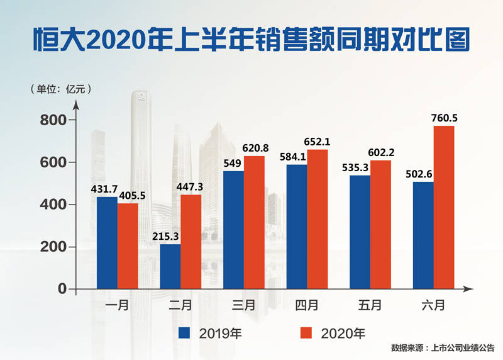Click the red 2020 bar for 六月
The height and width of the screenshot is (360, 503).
coord(443,207)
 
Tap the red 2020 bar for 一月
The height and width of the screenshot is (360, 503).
coord(128,245)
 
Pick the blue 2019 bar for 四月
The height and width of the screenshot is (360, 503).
coord(297,227)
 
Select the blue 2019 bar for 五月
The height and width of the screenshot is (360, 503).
coord(360,232)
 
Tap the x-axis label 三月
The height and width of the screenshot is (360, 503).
coord(243,306)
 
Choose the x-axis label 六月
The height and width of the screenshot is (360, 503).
coord(433,306)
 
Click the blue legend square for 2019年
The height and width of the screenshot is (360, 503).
coord(184,332)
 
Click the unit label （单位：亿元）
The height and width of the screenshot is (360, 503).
coord(60,89)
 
